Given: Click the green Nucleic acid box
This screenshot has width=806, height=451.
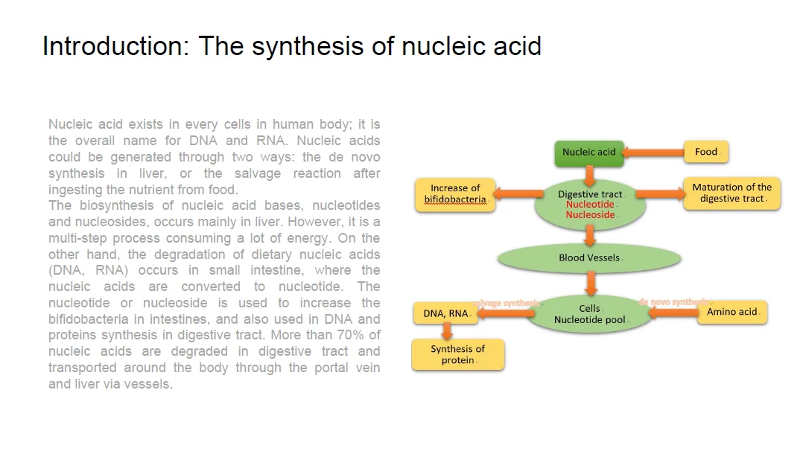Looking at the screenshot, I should (x=588, y=153).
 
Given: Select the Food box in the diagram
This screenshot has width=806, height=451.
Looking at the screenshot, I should (x=705, y=152).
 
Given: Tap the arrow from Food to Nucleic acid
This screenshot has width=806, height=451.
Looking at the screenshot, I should (x=653, y=153).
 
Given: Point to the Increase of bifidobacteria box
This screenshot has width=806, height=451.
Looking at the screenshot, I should (x=455, y=194).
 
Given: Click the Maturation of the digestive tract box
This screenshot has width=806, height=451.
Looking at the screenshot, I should (x=732, y=193).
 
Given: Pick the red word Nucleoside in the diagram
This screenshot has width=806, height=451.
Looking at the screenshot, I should (x=590, y=215).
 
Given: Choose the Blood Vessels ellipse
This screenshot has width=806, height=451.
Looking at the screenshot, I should (x=588, y=258).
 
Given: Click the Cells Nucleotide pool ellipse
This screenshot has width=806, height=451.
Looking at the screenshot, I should (x=589, y=314).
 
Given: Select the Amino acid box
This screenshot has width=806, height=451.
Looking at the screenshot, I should (x=732, y=313).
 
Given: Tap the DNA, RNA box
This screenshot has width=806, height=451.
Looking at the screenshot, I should (x=446, y=314).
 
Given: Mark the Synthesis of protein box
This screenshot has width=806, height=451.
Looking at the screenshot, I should (x=457, y=354).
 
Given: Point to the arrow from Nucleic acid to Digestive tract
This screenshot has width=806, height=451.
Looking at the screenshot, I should (x=589, y=176).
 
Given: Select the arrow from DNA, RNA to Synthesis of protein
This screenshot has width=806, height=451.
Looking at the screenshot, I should (x=447, y=331).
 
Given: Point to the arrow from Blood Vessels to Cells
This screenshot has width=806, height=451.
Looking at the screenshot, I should (x=590, y=283).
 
